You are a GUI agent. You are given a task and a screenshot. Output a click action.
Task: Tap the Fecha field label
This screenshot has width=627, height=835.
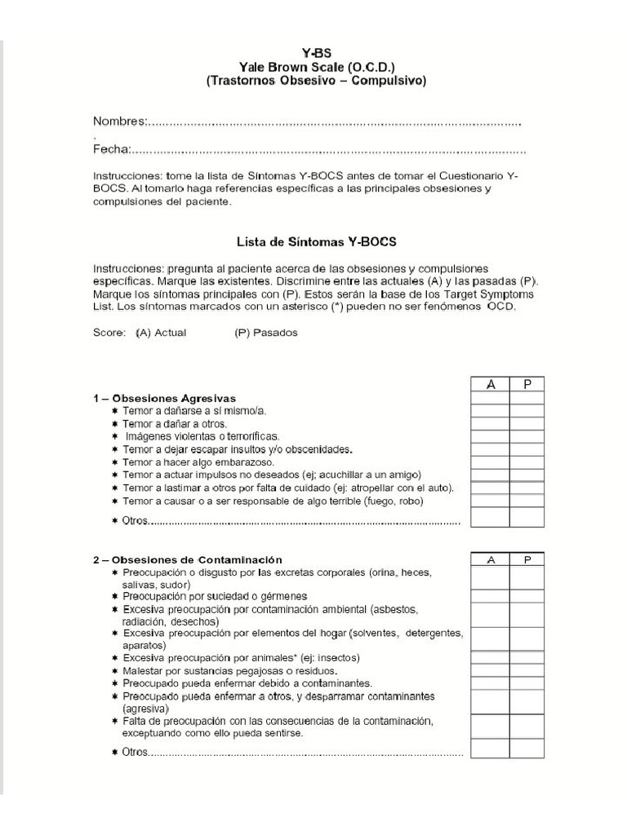click(110, 149)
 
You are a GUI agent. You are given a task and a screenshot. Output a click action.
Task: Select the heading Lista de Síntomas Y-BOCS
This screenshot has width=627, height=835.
click(316, 241)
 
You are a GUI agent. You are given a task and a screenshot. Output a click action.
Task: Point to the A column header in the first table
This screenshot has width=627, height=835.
click(491, 385)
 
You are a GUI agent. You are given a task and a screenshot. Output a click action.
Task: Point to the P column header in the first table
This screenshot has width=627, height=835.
click(528, 385)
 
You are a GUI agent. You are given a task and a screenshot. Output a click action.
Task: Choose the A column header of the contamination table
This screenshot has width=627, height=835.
click(491, 559)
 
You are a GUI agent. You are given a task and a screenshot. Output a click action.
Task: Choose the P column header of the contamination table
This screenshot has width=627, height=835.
click(528, 559)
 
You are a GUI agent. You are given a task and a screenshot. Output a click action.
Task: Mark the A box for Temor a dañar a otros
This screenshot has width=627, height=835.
click(491, 424)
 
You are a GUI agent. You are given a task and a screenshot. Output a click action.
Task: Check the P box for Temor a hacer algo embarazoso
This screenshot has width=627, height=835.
click(528, 462)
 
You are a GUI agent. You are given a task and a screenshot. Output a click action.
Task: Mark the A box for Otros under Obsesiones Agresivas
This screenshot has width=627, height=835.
click(491, 517)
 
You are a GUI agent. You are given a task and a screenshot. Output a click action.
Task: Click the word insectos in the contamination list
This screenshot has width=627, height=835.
click(336, 657)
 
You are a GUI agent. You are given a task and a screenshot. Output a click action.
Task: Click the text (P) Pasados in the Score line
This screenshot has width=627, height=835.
click(265, 333)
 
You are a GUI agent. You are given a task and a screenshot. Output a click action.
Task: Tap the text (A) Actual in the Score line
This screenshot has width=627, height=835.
click(161, 333)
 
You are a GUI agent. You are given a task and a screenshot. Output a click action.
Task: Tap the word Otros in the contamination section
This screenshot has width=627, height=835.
click(135, 751)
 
